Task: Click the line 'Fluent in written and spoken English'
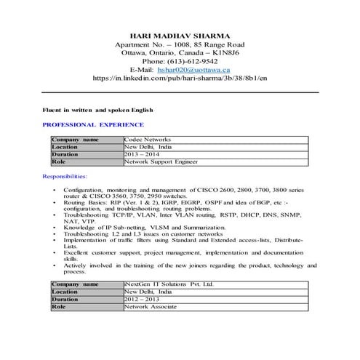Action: coord(97,110)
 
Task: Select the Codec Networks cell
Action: coord(147,139)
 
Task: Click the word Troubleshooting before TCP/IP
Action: coord(86,215)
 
